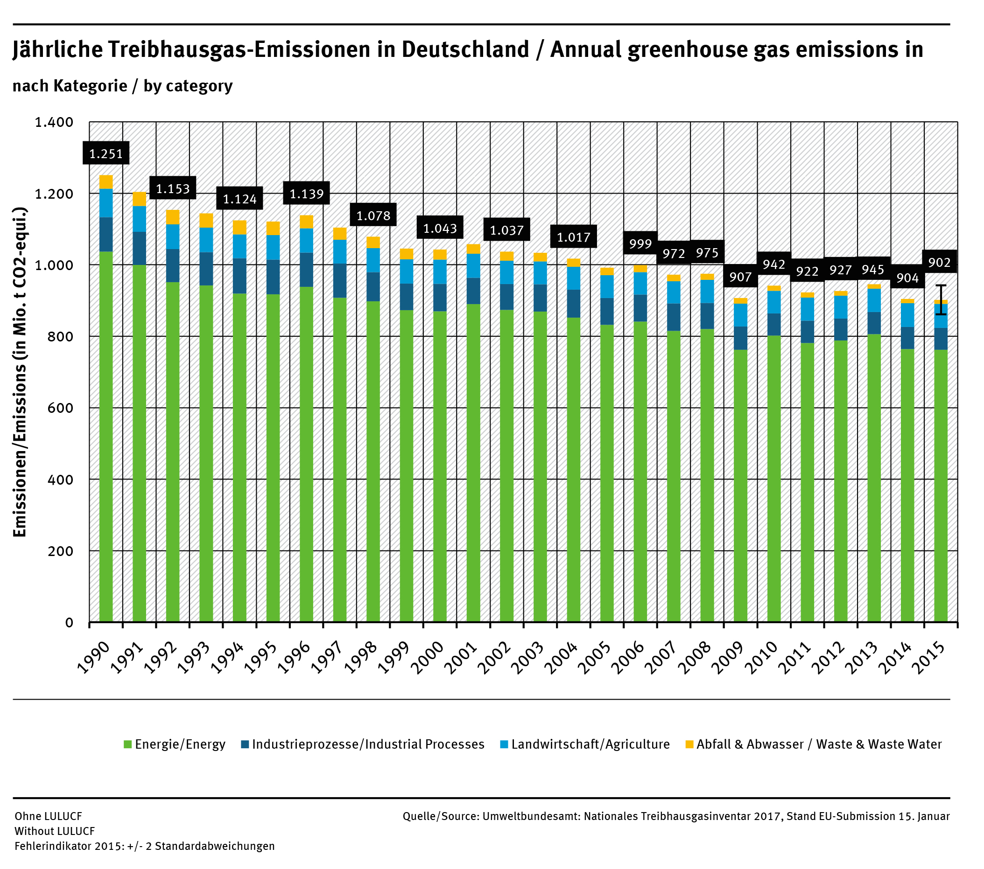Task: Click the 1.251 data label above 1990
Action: [x=106, y=154]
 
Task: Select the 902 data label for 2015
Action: [x=939, y=263]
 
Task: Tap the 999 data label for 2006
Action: [x=640, y=244]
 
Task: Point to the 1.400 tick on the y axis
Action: [x=54, y=122]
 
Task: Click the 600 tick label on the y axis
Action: [x=61, y=408]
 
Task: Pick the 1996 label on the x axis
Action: [x=293, y=658]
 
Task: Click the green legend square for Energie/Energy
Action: [x=127, y=744]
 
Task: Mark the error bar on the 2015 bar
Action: [x=941, y=300]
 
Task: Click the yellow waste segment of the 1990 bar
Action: [x=106, y=182]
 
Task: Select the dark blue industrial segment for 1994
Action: [x=240, y=276]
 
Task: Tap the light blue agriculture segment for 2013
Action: [x=874, y=300]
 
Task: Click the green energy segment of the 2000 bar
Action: [x=440, y=467]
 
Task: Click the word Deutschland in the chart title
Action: [x=465, y=49]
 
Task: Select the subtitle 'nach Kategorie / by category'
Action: [x=123, y=86]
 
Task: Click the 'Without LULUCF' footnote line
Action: [x=55, y=831]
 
